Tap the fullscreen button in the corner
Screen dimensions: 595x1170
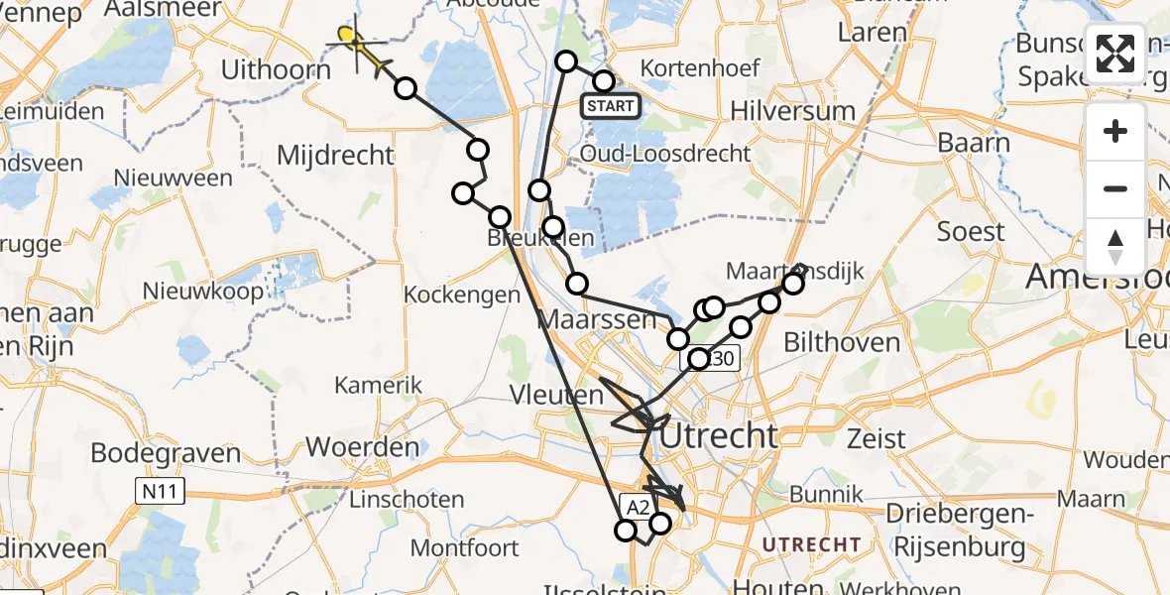click(1115, 54)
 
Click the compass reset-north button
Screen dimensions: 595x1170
click(1115, 247)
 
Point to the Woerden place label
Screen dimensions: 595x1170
click(363, 446)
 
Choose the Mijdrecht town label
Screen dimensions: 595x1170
click(335, 155)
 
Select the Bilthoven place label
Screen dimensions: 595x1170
click(842, 343)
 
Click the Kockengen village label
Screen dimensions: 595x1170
click(463, 295)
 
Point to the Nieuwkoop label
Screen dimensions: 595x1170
click(203, 291)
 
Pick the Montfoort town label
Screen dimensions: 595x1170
click(464, 546)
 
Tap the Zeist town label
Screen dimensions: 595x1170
click(877, 437)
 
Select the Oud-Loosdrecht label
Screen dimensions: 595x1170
click(665, 153)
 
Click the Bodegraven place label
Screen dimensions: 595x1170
click(166, 453)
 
